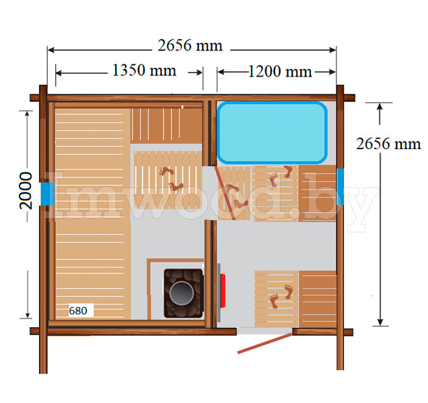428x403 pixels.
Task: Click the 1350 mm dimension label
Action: click(144, 71)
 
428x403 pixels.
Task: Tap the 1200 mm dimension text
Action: click(280, 72)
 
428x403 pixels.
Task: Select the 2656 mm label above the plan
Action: click(190, 45)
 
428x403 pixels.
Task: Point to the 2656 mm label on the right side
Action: click(388, 144)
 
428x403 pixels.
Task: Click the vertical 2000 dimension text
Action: click(26, 191)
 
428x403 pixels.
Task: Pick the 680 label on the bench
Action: click(78, 310)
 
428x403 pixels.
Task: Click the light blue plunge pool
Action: click(272, 133)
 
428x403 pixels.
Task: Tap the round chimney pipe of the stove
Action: click(182, 293)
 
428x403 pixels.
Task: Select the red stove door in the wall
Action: click(223, 291)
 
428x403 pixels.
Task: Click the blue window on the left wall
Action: click(48, 193)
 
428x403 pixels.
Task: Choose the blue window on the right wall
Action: click(340, 187)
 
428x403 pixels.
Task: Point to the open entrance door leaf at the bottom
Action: click(264, 343)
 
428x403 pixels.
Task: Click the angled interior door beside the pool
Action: click(225, 193)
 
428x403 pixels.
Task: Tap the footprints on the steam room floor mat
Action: click(171, 179)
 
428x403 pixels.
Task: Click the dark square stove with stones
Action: click(184, 294)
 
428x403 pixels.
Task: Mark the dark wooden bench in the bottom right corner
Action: click(318, 299)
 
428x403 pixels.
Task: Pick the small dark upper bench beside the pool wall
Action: click(166, 126)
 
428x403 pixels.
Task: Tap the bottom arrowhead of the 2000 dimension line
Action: click(28, 315)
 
